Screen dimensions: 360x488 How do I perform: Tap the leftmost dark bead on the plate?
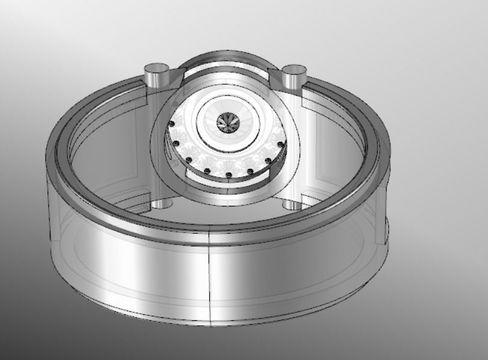coord(171,124)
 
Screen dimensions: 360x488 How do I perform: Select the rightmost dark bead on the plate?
coord(282,143)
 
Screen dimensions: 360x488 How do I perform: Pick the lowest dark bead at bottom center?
coord(228,175)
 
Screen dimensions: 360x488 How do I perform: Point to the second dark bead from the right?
coord(267,161)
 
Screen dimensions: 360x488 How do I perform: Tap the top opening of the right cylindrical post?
coord(295,70)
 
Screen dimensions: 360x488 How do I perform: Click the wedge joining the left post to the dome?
coord(175,75)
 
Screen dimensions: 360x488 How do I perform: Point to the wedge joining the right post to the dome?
coord(277,76)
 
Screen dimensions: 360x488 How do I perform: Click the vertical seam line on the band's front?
coord(209,277)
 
